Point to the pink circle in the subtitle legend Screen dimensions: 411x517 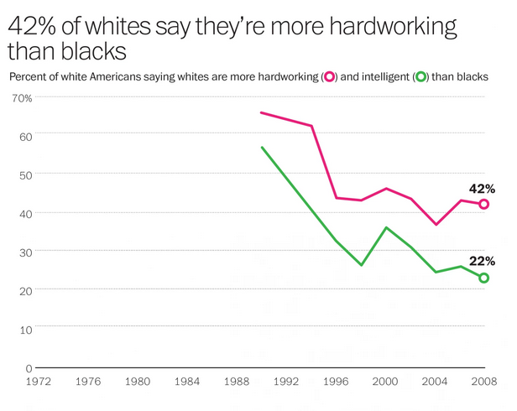(330, 77)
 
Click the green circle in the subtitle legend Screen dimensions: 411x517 (420, 77)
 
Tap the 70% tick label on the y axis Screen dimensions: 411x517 (22, 98)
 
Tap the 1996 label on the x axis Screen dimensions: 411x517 (336, 382)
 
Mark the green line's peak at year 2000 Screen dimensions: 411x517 (385, 227)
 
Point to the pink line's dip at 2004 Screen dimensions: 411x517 (436, 224)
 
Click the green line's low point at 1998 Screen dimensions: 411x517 (361, 265)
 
